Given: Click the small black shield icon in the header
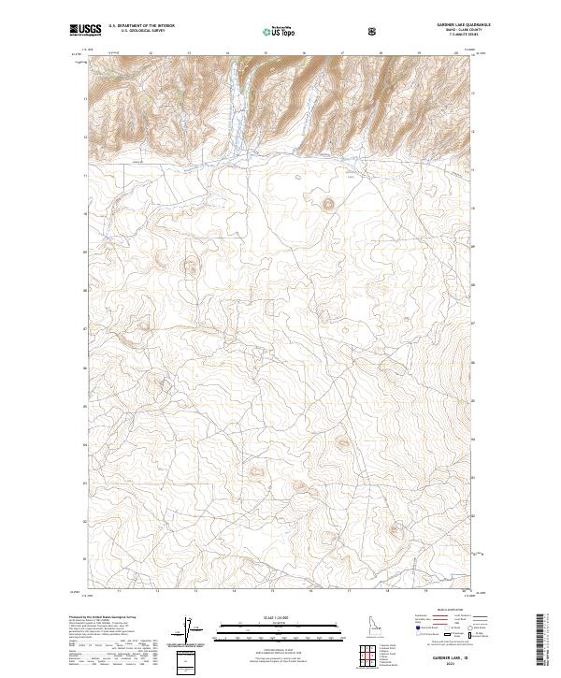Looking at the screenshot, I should coord(374,31).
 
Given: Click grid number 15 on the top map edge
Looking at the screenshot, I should coord(266,53).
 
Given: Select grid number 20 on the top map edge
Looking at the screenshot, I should coord(456,53).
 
